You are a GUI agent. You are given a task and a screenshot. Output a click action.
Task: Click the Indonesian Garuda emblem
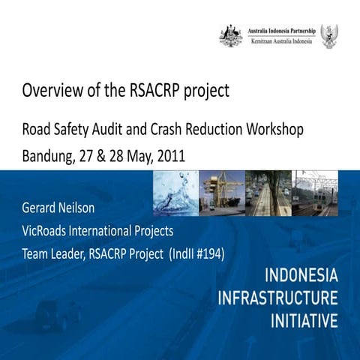(x=328, y=35)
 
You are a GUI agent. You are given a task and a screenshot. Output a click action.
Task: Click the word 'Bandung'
(x=48, y=157)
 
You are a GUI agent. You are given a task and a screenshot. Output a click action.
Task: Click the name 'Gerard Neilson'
(x=63, y=207)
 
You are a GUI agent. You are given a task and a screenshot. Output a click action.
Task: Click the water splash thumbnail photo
(x=175, y=193)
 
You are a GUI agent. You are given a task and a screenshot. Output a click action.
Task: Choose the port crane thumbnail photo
(x=222, y=193)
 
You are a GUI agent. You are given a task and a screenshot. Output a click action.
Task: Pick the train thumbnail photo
(x=316, y=193)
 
